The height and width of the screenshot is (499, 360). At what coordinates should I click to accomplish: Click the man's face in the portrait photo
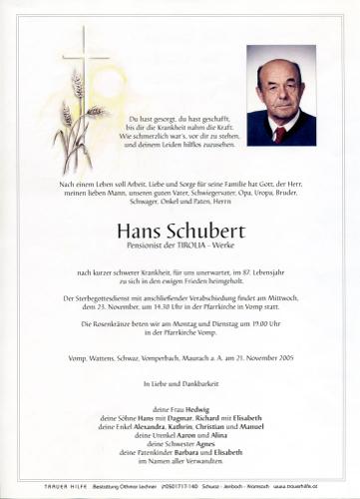279,84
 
